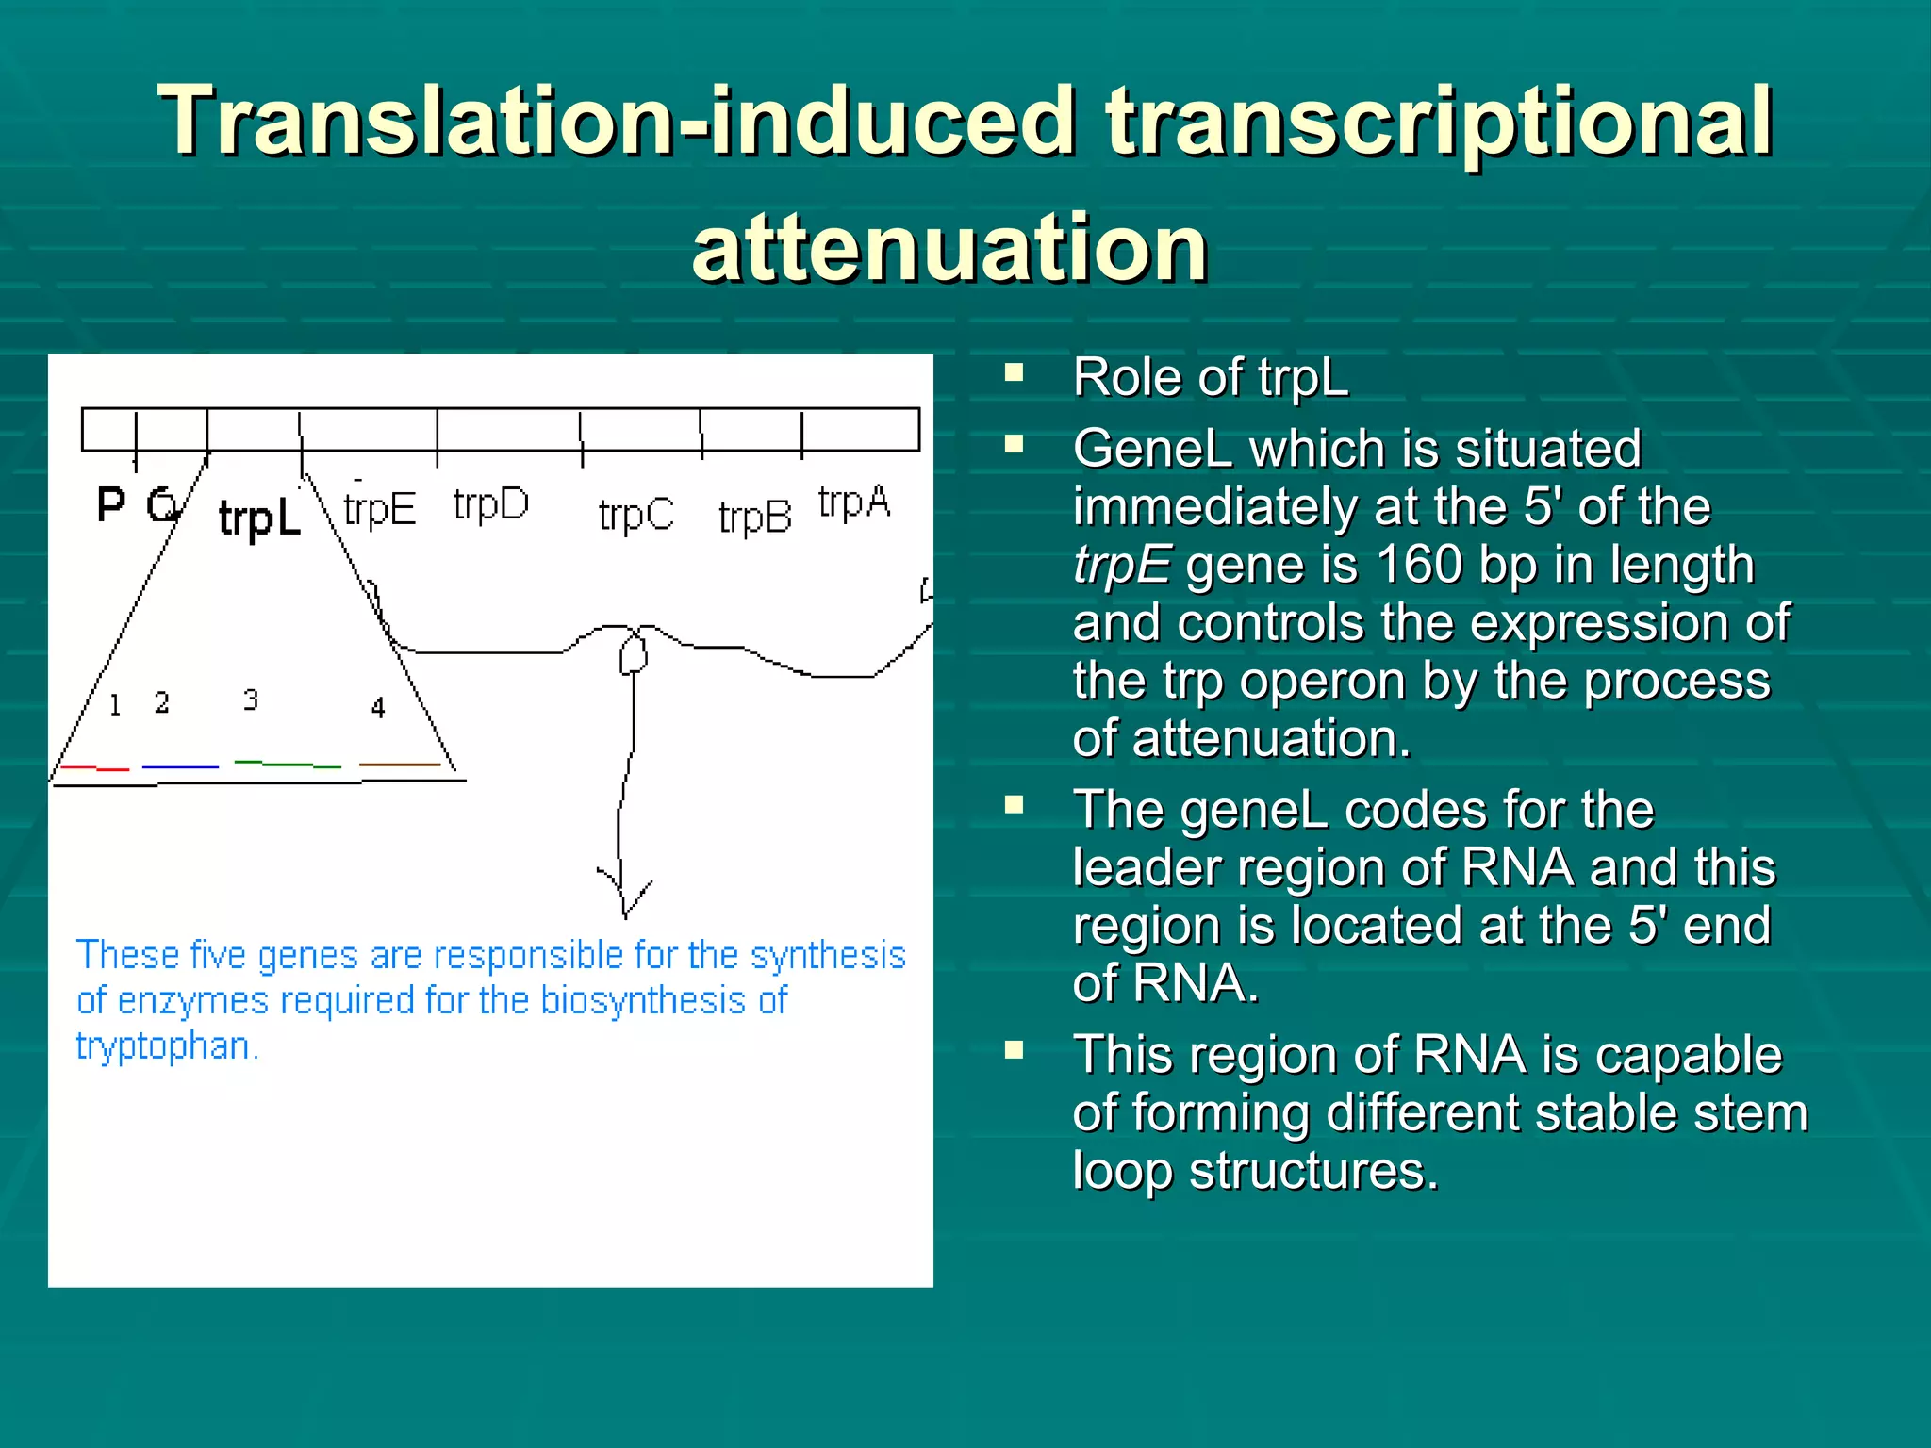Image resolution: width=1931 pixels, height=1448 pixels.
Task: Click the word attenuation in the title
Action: (x=949, y=247)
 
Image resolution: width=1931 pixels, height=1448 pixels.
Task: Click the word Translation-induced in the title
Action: (x=617, y=121)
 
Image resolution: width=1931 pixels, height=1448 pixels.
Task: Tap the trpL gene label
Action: (x=259, y=518)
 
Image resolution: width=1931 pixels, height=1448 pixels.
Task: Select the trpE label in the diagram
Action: (x=379, y=510)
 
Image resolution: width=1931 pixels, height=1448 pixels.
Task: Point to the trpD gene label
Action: (x=490, y=505)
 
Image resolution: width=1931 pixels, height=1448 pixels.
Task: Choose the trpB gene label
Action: (x=754, y=517)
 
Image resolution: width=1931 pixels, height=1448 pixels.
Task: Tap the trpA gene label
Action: (x=853, y=502)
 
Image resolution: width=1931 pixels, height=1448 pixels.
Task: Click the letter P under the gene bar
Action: (x=111, y=505)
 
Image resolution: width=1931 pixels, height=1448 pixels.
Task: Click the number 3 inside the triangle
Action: (x=250, y=699)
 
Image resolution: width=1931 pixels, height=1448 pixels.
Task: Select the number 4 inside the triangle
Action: (x=378, y=707)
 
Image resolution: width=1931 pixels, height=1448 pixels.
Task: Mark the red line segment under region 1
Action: (x=93, y=768)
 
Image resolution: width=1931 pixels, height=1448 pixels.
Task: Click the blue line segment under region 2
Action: (x=180, y=767)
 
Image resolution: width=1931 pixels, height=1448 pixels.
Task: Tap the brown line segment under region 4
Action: (x=400, y=765)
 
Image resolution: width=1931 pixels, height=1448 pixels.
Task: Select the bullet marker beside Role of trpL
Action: (x=1015, y=372)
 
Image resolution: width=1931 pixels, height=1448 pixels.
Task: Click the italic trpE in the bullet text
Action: (x=1121, y=565)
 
